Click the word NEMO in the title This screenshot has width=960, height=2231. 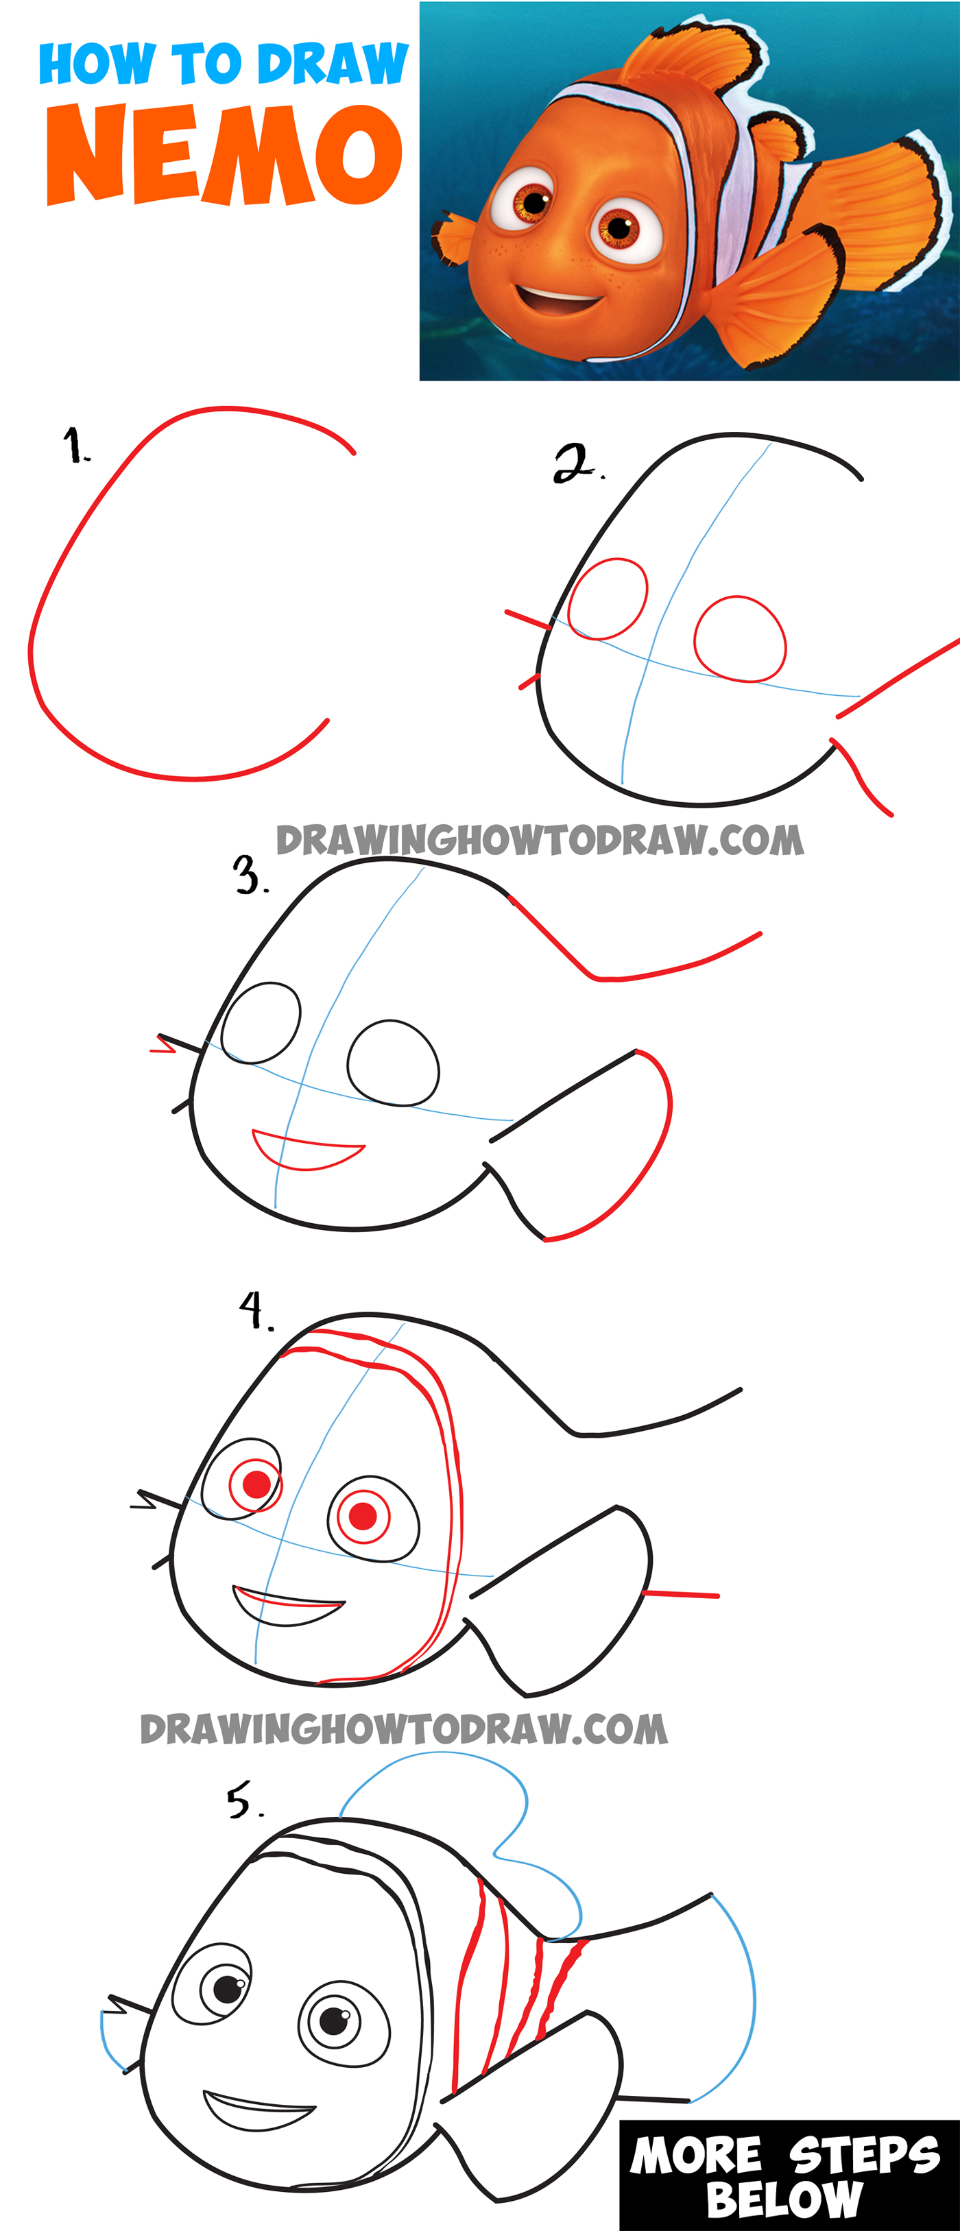[x=224, y=156]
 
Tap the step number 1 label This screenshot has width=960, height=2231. [x=76, y=446]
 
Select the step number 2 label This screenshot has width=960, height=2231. [x=576, y=463]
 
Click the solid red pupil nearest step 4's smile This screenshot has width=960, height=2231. [x=363, y=1516]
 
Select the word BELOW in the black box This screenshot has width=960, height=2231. [x=784, y=2201]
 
